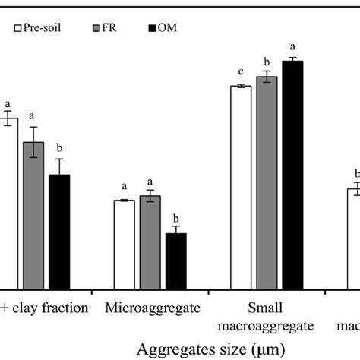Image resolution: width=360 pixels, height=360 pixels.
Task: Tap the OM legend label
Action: pos(175,30)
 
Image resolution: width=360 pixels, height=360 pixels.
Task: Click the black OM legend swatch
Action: pos(153,30)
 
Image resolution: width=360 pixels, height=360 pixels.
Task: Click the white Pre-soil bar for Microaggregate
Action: pos(124,244)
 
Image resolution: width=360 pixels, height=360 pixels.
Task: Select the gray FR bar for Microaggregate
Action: pos(150,242)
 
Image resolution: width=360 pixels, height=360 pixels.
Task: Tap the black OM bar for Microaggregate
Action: pos(176,261)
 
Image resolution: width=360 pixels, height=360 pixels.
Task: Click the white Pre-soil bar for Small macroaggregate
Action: pos(241,187)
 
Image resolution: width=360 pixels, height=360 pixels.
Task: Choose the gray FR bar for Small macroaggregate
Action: pos(267,182)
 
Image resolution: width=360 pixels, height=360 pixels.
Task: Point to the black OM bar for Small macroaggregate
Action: pos(292,175)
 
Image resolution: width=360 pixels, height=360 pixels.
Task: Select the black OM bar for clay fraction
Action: pos(59,232)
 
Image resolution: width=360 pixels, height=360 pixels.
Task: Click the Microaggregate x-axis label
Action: pos(153,308)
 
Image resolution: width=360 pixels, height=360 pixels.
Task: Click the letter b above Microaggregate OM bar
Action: pos(176,216)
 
